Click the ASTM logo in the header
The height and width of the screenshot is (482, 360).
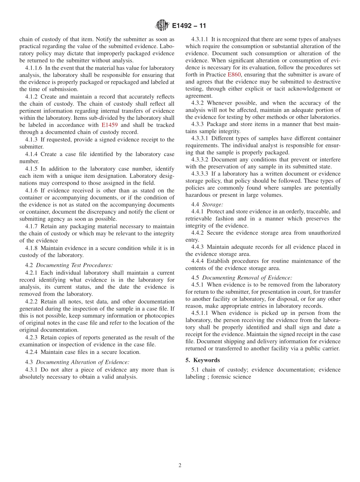162,26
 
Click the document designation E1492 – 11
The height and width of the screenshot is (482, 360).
189,26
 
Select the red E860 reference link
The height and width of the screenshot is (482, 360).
234,75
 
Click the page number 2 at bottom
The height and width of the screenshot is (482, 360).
180,466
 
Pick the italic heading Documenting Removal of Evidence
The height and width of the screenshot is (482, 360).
247,277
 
